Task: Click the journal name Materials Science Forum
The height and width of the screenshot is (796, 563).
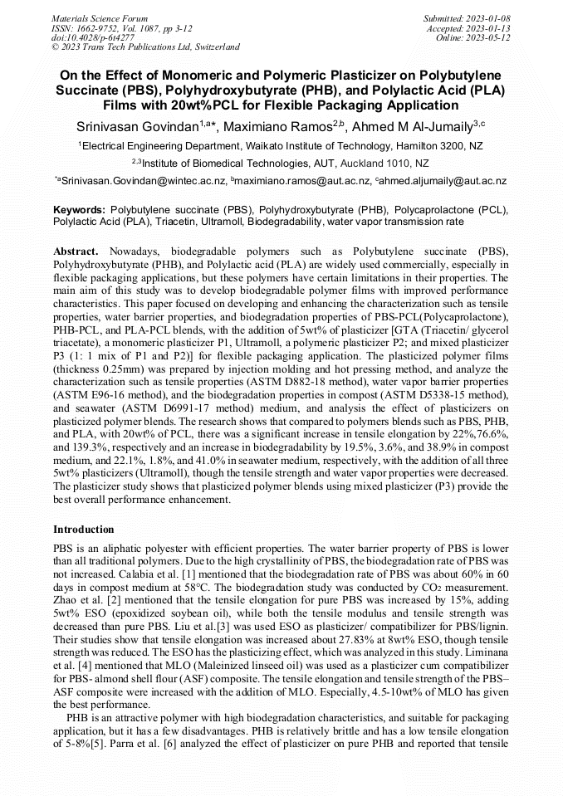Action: click(x=100, y=17)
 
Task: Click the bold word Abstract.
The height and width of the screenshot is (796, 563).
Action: click(x=76, y=251)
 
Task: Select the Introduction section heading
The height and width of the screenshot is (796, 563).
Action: click(x=84, y=529)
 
